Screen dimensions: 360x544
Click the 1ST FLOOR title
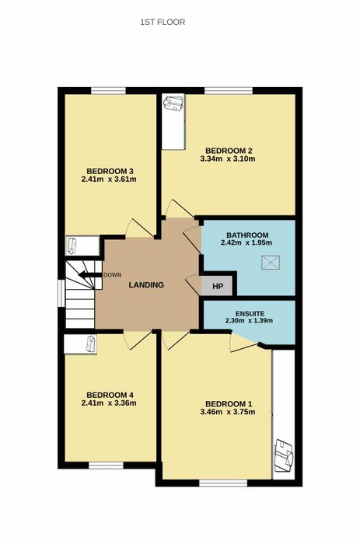[x=163, y=23]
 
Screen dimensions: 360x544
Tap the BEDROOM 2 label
[x=229, y=151]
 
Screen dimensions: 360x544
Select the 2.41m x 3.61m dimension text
[x=109, y=180]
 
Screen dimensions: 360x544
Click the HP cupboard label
[x=217, y=287]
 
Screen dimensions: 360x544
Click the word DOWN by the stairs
[x=113, y=275]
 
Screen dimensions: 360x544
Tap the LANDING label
[x=146, y=285]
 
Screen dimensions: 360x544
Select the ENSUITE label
[x=250, y=314]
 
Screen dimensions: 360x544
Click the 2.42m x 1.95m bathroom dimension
[x=246, y=242]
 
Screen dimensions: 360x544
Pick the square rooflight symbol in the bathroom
[x=271, y=263]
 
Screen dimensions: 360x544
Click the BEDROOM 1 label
[x=229, y=404]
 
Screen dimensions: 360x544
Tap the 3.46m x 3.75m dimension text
[x=228, y=412]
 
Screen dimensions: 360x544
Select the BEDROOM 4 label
[x=110, y=395]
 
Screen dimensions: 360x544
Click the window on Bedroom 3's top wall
[x=108, y=91]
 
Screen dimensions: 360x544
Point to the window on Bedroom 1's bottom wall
[x=223, y=483]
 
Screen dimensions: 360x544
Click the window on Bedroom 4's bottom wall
[x=106, y=466]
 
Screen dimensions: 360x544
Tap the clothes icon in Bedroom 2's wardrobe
[x=173, y=103]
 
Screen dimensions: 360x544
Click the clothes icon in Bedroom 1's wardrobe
[x=284, y=455]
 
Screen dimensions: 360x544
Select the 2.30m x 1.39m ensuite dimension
[x=249, y=321]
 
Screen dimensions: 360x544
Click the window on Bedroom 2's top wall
[x=229, y=91]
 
